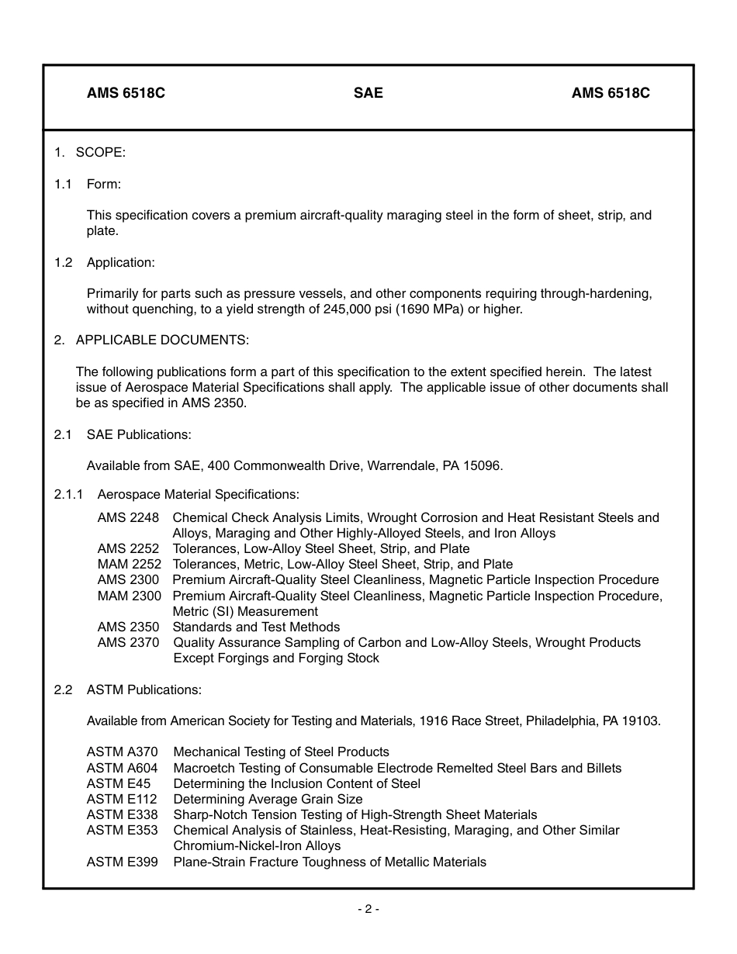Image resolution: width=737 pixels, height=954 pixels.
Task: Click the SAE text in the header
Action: coord(368,93)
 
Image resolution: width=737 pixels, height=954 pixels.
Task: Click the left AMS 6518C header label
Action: coord(126,93)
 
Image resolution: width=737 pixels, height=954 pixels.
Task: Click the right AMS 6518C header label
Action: coord(611,93)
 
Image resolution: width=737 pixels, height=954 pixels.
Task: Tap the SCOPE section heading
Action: coord(100,153)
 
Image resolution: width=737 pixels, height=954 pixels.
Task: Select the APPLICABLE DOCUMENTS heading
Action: coord(162,340)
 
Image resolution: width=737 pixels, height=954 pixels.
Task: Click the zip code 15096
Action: coord(484,466)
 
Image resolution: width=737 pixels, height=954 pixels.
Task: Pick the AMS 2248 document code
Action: coord(128,517)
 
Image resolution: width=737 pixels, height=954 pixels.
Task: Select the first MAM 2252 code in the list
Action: coord(130,565)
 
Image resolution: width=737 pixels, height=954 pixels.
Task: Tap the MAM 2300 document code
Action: coord(130,596)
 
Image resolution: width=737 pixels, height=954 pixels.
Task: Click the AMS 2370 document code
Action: coord(128,642)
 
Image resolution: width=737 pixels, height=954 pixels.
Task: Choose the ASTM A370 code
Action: coord(122,752)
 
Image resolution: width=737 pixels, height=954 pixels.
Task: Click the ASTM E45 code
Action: coord(118,783)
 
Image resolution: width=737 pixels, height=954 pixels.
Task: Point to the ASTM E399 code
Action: coord(122,862)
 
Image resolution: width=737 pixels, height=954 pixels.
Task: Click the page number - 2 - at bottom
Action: coord(368,909)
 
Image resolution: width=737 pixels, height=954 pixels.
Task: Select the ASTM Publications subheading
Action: coord(144,690)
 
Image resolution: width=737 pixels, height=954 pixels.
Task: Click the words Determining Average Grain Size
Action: coord(268,799)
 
